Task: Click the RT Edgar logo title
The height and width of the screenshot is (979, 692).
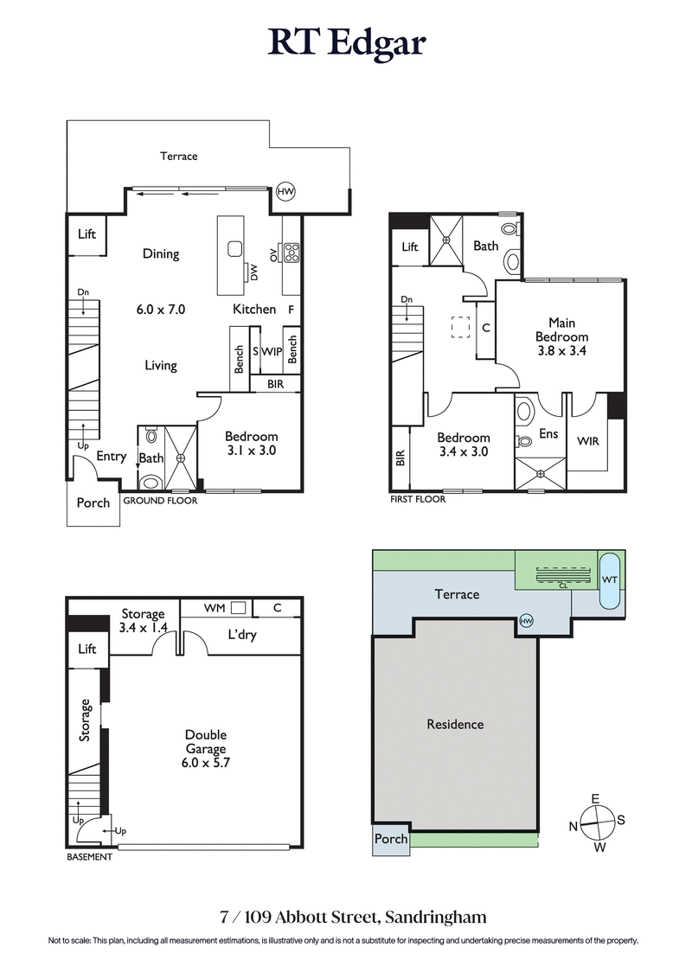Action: [x=346, y=42]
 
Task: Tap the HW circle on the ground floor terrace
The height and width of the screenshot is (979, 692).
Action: [x=285, y=192]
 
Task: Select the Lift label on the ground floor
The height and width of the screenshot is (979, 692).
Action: [x=86, y=234]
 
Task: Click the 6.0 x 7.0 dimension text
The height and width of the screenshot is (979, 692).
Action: [x=161, y=309]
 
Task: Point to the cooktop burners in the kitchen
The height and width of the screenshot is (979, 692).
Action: [x=292, y=253]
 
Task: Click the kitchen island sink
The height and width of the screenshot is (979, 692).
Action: [x=234, y=249]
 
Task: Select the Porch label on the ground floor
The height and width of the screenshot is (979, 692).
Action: [x=93, y=502]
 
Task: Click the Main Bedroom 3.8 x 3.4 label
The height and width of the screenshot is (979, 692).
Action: [x=561, y=336]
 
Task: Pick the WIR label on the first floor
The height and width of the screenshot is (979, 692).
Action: [x=588, y=441]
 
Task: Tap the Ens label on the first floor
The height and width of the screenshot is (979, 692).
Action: [x=548, y=433]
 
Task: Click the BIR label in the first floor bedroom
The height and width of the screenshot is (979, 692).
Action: [x=400, y=458]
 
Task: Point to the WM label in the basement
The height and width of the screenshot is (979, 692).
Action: [x=215, y=608]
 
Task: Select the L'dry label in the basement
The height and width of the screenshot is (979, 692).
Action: [x=241, y=636]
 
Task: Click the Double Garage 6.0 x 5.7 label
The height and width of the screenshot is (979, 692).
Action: [x=205, y=749]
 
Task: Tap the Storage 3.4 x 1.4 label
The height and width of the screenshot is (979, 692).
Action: [x=142, y=620]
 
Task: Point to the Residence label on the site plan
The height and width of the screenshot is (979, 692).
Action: [x=455, y=724]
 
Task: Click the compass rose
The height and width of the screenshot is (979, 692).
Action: [x=595, y=822]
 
